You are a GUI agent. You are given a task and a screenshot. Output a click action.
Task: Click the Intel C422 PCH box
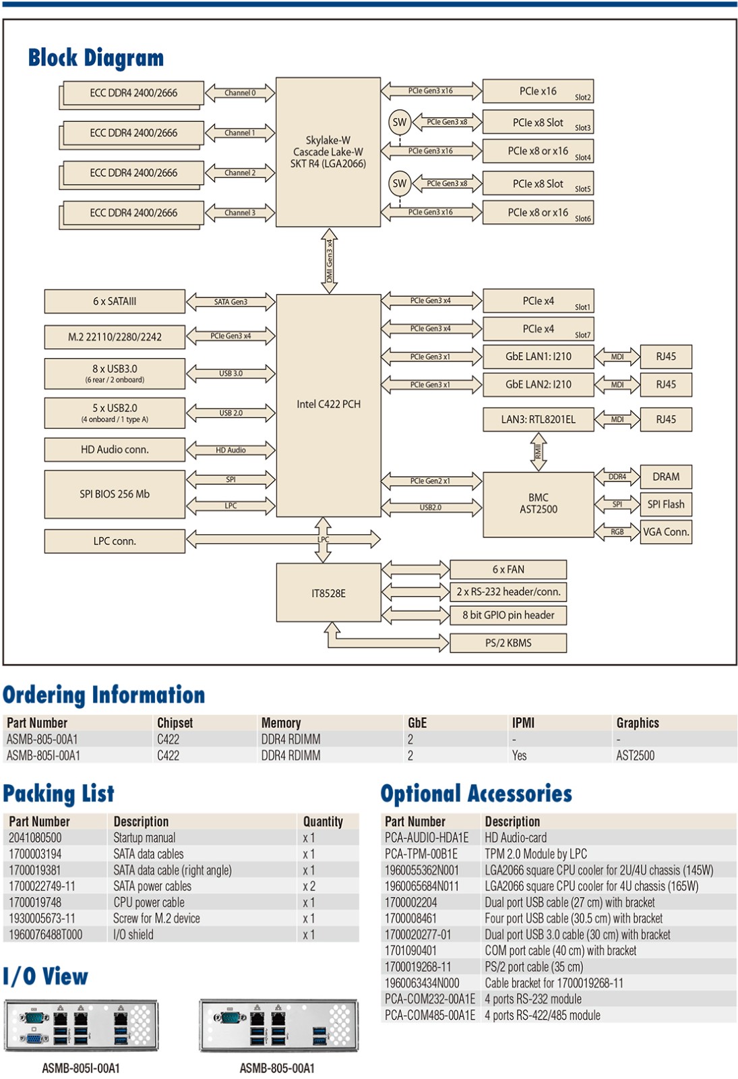click(x=328, y=405)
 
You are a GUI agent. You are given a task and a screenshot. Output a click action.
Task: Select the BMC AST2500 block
click(x=538, y=504)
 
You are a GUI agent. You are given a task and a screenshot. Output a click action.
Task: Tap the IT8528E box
click(x=328, y=593)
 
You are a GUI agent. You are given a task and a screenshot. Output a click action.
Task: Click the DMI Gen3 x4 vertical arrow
click(x=329, y=260)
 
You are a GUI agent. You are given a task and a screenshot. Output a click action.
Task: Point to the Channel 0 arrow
click(x=240, y=93)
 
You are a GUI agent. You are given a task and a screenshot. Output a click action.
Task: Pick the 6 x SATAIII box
click(x=115, y=301)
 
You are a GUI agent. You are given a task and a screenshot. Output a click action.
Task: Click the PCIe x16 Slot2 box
click(x=538, y=92)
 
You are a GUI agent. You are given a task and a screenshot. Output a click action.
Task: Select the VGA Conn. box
click(x=665, y=532)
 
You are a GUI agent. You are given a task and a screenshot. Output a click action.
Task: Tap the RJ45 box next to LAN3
click(x=665, y=419)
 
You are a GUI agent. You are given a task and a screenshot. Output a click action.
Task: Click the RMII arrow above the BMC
click(x=538, y=451)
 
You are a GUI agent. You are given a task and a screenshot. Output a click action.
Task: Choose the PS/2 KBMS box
click(x=508, y=643)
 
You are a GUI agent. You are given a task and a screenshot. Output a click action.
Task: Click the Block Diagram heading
click(x=96, y=58)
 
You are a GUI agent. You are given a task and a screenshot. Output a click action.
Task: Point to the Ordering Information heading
click(x=104, y=695)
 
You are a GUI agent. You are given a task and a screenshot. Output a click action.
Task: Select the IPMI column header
click(x=523, y=723)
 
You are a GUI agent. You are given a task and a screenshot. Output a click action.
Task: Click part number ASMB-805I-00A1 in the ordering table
click(x=43, y=756)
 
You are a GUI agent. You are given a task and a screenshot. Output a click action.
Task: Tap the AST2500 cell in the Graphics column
click(x=635, y=756)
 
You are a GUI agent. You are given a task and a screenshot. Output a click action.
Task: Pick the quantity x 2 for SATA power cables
click(x=309, y=886)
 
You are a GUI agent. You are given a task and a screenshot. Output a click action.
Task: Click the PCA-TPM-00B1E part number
click(x=421, y=854)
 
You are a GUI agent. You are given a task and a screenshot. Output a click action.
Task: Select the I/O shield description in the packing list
click(x=133, y=935)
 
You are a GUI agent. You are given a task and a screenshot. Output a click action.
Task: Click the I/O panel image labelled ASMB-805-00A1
click(x=278, y=1025)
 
